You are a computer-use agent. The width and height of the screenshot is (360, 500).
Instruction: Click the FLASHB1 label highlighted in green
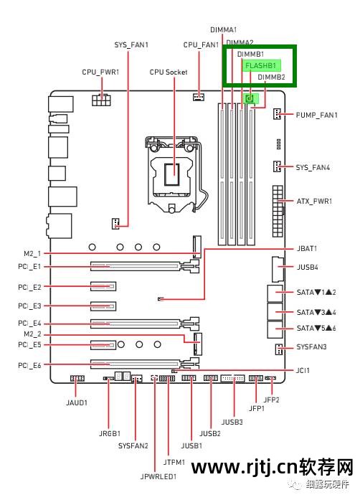(x=260, y=66)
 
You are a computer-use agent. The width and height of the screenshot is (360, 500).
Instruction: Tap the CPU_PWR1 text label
(x=100, y=72)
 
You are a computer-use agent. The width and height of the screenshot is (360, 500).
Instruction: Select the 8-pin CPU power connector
(x=101, y=100)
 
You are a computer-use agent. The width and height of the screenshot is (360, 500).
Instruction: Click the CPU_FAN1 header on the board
(x=199, y=97)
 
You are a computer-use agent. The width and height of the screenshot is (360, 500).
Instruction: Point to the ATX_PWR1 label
(x=314, y=201)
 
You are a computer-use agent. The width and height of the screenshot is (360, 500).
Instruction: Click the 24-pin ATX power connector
(x=278, y=211)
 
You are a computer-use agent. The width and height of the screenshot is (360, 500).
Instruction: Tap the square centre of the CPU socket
(x=172, y=174)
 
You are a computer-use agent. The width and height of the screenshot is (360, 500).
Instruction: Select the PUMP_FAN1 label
(x=316, y=115)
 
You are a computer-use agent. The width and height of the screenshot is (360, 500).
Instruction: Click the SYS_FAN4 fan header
(x=277, y=166)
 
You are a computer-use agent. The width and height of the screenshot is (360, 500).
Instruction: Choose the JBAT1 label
(x=307, y=248)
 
